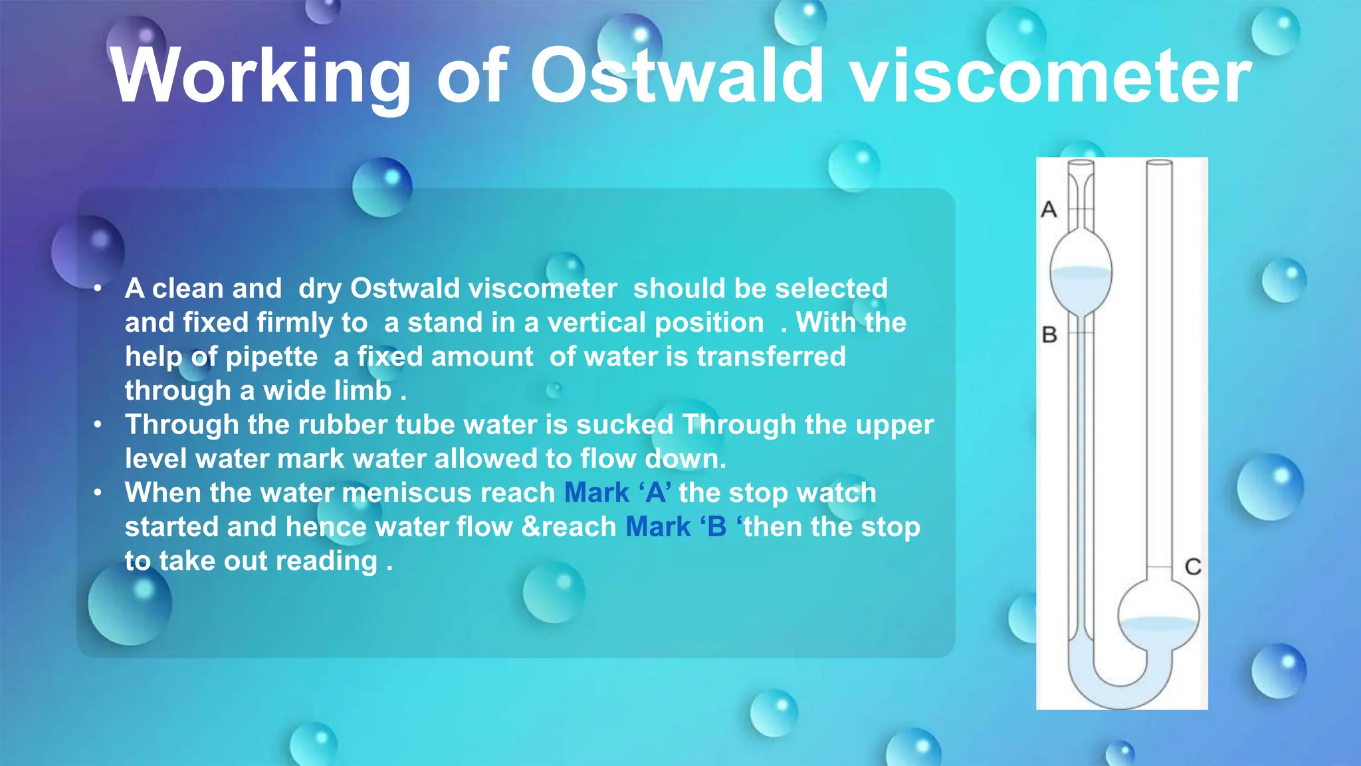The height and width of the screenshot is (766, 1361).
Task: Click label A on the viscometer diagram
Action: (x=1049, y=209)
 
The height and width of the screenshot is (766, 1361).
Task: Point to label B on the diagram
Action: (x=1049, y=334)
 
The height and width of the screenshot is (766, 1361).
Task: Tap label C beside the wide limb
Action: (x=1193, y=567)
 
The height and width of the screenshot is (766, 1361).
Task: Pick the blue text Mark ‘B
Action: (x=677, y=527)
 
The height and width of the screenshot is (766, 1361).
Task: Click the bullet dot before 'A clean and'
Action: (x=98, y=289)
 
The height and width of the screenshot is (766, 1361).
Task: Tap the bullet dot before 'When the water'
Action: (x=98, y=493)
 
